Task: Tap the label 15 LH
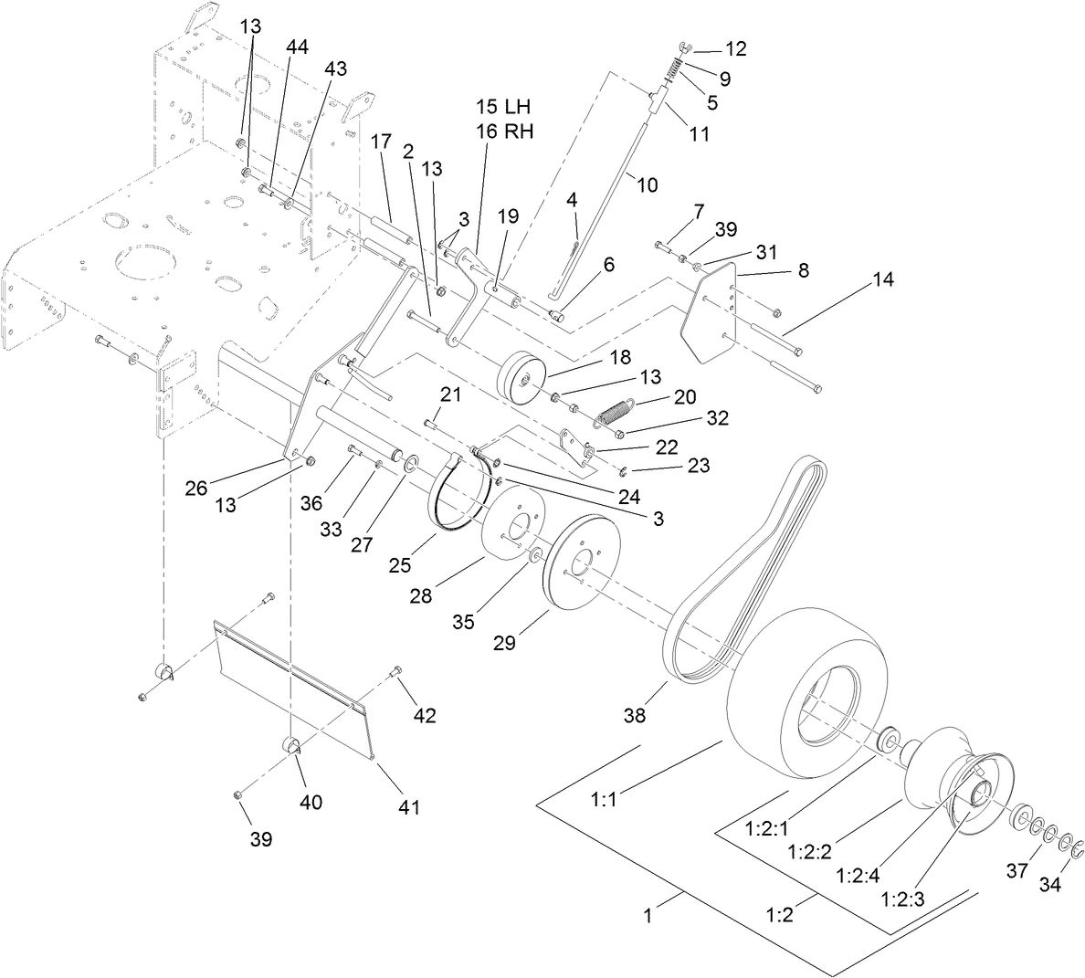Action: (502, 107)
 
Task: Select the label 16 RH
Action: (503, 131)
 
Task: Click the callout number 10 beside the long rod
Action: (646, 184)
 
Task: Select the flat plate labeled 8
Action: (713, 311)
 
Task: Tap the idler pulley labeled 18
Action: (521, 375)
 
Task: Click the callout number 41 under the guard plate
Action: (407, 807)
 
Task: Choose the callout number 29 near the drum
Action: (504, 643)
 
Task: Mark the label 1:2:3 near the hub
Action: (903, 898)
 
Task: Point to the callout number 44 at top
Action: (297, 46)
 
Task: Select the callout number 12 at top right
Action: (735, 48)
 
